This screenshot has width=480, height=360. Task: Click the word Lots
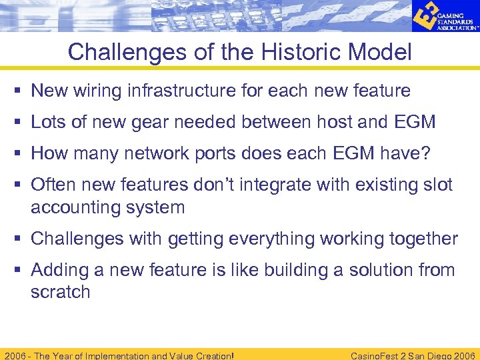(x=49, y=122)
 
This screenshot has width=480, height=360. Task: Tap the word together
(x=419, y=239)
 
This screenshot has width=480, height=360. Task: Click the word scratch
(x=60, y=292)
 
